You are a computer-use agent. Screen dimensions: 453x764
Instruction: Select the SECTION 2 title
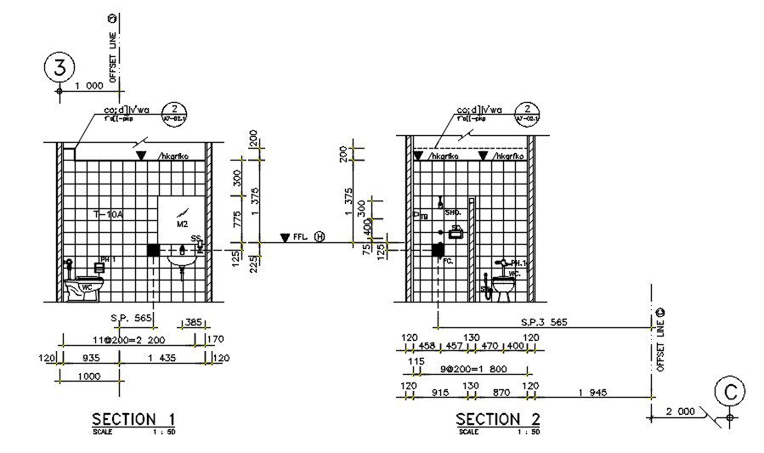(498, 419)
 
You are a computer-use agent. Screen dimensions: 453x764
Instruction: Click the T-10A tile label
(108, 215)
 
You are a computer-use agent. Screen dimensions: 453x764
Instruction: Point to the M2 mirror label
(182, 224)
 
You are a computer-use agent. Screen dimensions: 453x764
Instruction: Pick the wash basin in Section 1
(181, 259)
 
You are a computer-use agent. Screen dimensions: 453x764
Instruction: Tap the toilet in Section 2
(505, 285)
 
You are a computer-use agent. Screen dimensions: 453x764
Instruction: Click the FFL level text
(300, 237)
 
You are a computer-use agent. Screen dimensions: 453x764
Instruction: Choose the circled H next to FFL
(320, 237)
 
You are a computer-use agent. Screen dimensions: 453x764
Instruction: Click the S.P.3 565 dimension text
(545, 323)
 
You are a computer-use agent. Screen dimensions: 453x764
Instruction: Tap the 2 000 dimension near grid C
(680, 411)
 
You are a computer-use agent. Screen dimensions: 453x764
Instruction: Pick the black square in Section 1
(153, 250)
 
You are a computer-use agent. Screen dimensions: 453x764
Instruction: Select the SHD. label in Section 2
(452, 212)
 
